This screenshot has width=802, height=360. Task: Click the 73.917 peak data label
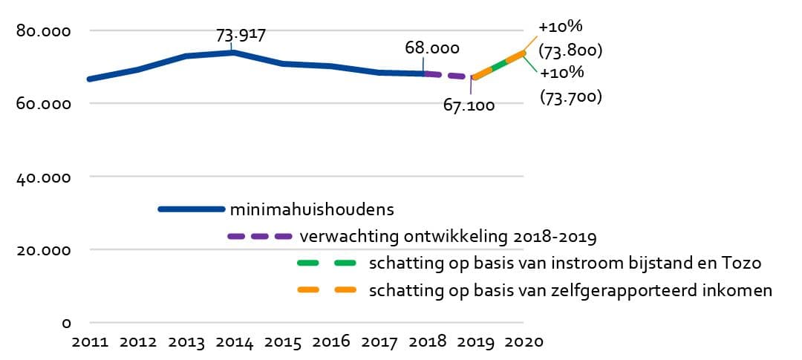(x=241, y=35)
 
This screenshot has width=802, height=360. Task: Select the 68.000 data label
(x=431, y=48)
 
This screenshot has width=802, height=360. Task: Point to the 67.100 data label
(x=469, y=106)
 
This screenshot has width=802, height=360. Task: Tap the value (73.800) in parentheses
(x=570, y=51)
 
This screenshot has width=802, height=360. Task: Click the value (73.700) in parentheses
(x=570, y=96)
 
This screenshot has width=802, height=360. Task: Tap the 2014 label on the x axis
(x=234, y=343)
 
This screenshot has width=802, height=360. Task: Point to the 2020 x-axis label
(x=524, y=343)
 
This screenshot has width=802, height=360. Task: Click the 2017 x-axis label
(x=379, y=343)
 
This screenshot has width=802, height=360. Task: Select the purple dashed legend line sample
(x=259, y=237)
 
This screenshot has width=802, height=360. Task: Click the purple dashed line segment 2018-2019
(x=449, y=75)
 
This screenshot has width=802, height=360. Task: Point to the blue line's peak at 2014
(x=233, y=52)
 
